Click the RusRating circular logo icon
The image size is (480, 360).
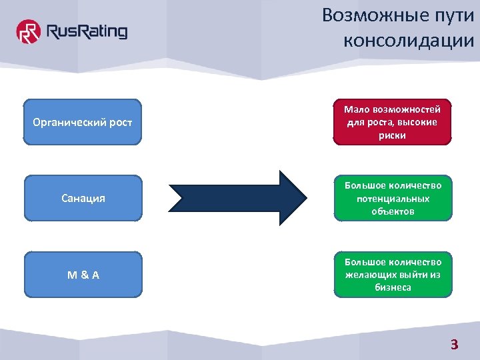point(29,31)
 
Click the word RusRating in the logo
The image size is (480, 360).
point(85,31)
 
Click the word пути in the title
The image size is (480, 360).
point(451,15)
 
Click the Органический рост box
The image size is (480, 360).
point(83,122)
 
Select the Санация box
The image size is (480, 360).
point(83,198)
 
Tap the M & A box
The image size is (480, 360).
point(83,274)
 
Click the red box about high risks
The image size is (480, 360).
point(392,122)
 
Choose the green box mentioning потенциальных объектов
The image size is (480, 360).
point(392,198)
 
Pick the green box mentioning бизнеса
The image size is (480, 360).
point(392,274)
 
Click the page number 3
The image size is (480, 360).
point(455,345)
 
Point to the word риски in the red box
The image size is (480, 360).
point(392,135)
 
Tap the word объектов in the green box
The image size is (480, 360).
point(393,211)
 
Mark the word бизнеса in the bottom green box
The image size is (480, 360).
point(393,287)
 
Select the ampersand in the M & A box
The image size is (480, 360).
point(83,274)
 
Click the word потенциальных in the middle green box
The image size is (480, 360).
point(392,199)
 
